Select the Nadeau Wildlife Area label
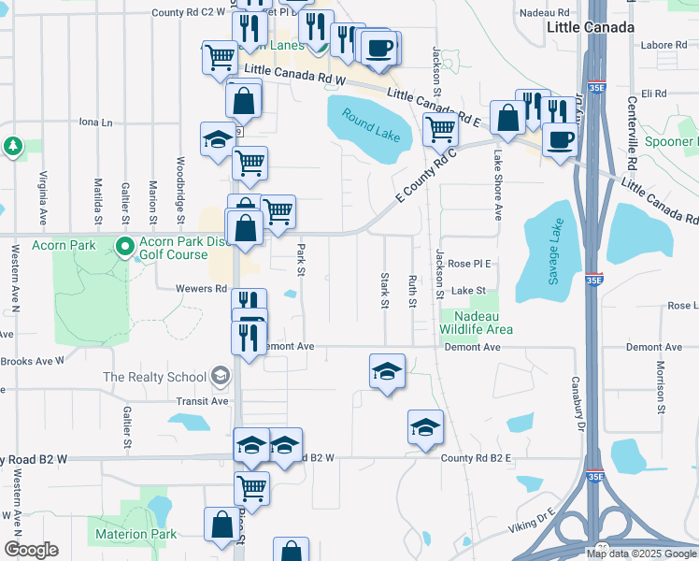coord(477,323)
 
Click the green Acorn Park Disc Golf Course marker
coord(124,247)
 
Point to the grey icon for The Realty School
coord(220,377)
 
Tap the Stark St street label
coord(384,291)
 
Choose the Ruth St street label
coord(412,291)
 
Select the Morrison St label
coord(660,386)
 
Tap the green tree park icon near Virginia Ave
coord(13,146)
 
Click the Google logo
coord(30,550)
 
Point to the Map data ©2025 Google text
coord(640,554)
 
